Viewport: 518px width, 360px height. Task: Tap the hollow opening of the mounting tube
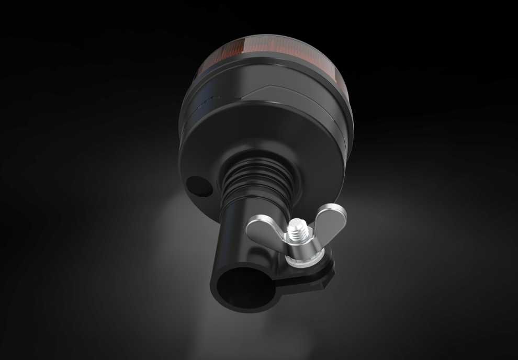tap(245, 286)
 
